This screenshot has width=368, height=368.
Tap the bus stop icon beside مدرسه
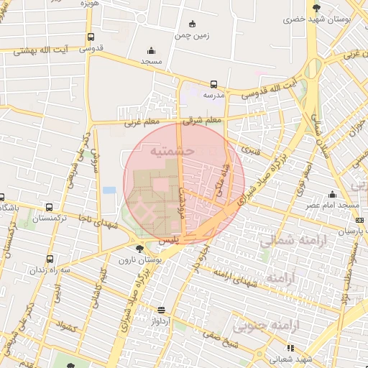pyautogui.click(x=213, y=84)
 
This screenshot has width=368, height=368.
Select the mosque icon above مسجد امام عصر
pyautogui.click(x=332, y=194)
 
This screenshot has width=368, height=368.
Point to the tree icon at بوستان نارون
pyautogui.click(x=139, y=249)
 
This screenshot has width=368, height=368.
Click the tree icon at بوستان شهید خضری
pyautogui.click(x=317, y=9)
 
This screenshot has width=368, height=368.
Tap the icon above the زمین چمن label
pyautogui.click(x=191, y=24)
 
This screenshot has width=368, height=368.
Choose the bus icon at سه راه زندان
pyautogui.click(x=49, y=258)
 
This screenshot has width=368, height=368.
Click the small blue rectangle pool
pyautogui.click(x=109, y=190)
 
